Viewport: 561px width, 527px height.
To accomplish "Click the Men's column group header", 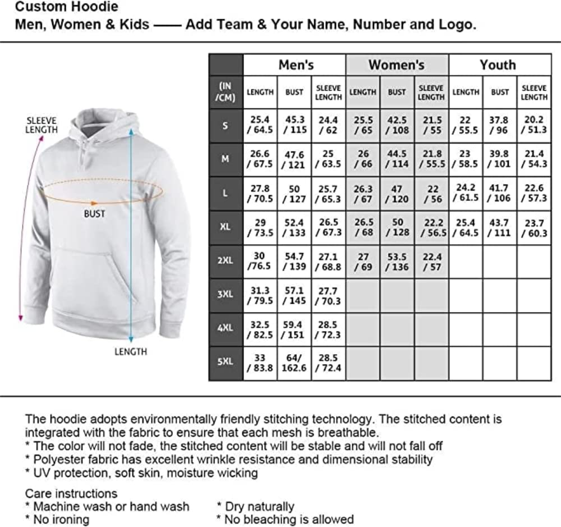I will [296, 65].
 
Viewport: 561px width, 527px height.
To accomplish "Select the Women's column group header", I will [396, 65].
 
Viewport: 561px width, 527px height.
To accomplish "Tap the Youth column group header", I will [498, 65].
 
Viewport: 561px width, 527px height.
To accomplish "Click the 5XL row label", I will [225, 361].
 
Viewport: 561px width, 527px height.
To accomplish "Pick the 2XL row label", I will [225, 261].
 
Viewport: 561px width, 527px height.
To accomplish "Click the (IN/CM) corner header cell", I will [225, 92].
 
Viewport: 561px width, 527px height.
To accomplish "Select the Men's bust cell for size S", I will [294, 125].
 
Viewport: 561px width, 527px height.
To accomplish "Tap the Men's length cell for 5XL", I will [260, 363].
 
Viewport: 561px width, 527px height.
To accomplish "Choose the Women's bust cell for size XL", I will [397, 227].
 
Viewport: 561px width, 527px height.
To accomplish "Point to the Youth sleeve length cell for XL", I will [534, 227].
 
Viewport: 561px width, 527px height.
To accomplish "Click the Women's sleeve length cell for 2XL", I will [431, 262].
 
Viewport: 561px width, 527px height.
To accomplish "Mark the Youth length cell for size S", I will [466, 125].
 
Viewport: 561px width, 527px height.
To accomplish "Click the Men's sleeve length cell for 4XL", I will [328, 329].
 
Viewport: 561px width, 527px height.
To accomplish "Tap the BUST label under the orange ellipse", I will [94, 214].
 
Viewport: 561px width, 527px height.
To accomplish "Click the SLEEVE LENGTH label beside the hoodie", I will [42, 125].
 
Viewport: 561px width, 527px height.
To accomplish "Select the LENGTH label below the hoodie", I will [130, 352].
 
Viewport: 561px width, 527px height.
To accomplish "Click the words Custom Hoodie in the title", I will [67, 7].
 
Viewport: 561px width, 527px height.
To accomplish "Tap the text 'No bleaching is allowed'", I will [288, 519].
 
